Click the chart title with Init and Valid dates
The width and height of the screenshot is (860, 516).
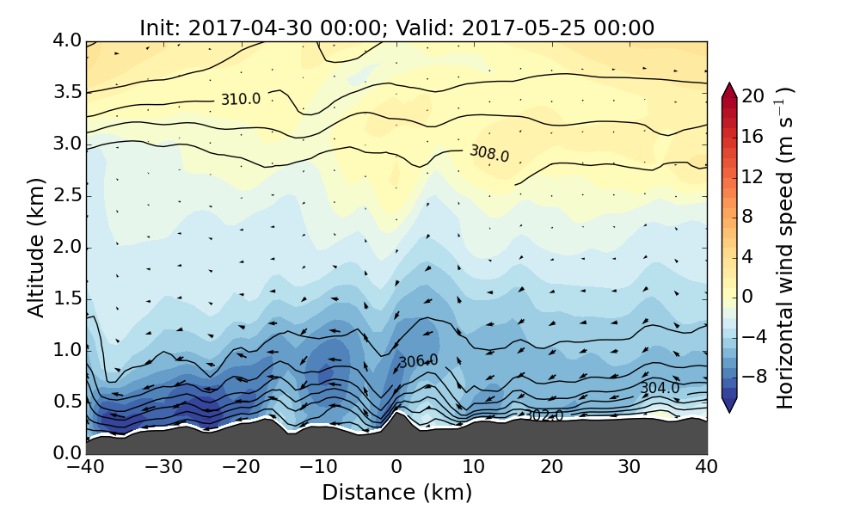click(396, 28)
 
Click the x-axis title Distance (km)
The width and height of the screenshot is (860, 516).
click(396, 493)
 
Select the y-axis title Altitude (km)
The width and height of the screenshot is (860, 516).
click(36, 248)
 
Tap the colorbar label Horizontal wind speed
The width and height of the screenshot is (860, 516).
click(785, 248)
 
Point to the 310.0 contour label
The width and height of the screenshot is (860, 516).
click(240, 99)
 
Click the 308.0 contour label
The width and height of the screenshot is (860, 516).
click(489, 154)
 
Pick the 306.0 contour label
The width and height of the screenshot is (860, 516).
click(418, 362)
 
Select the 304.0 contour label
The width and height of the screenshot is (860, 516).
click(659, 389)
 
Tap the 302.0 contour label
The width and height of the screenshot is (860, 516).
click(544, 416)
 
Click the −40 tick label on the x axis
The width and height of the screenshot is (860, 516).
click(86, 468)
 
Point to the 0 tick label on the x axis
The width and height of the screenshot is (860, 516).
click(396, 468)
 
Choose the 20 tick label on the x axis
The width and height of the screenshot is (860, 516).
click(551, 468)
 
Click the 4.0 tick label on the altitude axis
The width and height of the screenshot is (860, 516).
click(64, 40)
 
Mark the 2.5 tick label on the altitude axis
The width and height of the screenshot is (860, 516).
click(64, 195)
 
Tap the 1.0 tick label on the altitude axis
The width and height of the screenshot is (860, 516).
click(64, 350)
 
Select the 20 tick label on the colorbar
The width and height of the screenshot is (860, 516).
click(753, 96)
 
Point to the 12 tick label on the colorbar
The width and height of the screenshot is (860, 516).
click(753, 176)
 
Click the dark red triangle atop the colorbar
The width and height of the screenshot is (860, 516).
click(729, 89)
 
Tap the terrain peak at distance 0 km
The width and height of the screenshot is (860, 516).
click(396, 413)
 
